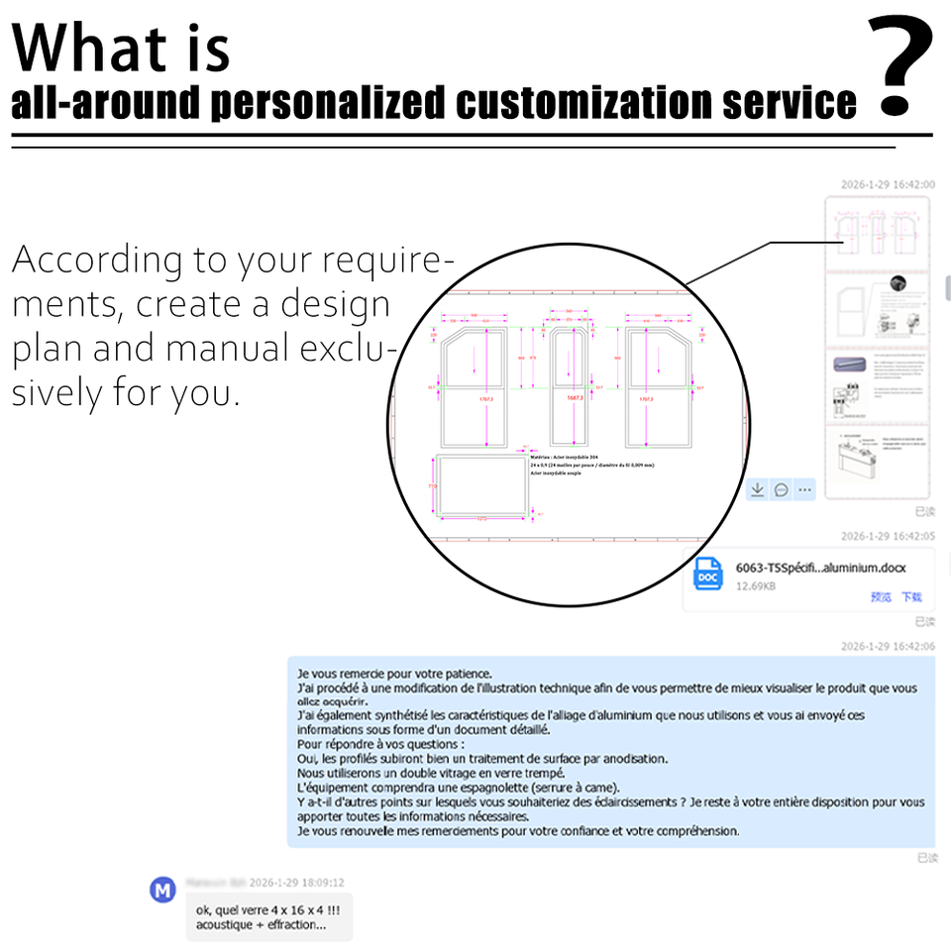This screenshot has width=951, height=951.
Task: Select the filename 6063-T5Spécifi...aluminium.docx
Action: point(820,568)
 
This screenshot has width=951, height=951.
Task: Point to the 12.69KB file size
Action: point(756,586)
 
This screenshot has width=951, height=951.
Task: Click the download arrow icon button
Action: point(756,489)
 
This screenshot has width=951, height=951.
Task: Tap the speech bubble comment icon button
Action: point(781,489)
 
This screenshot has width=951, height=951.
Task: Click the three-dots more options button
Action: point(805,489)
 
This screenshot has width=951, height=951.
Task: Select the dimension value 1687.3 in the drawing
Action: point(574,397)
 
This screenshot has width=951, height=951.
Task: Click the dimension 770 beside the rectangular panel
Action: point(432,486)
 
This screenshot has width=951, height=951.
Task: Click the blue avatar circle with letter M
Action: point(161,889)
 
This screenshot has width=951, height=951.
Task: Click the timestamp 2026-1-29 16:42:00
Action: point(888,184)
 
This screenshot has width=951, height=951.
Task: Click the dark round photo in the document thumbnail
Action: point(898,283)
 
